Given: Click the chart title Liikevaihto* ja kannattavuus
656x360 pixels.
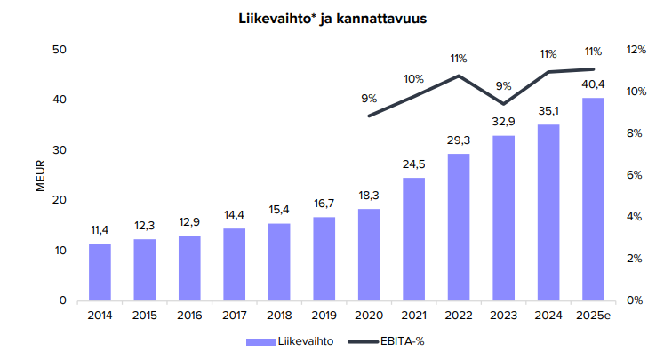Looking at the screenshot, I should [x=327, y=18].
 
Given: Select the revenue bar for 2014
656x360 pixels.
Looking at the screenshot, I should [x=100, y=272].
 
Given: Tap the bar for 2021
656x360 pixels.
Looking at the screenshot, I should [x=413, y=239].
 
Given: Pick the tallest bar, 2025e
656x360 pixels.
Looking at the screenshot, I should [x=593, y=199].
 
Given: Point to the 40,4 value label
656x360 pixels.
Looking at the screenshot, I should [x=593, y=85].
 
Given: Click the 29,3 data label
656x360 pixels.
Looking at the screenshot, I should [x=459, y=141].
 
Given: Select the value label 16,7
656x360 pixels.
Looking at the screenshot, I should [x=324, y=204].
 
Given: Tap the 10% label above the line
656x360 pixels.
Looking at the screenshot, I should [x=414, y=78].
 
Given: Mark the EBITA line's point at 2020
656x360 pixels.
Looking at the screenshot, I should [x=369, y=116].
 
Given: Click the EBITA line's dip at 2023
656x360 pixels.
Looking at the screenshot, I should [x=503, y=104].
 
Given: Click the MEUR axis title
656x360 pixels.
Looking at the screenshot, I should [x=39, y=175].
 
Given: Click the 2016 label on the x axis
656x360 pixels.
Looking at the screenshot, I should [x=189, y=316].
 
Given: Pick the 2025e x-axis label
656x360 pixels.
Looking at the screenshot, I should [x=593, y=316].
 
